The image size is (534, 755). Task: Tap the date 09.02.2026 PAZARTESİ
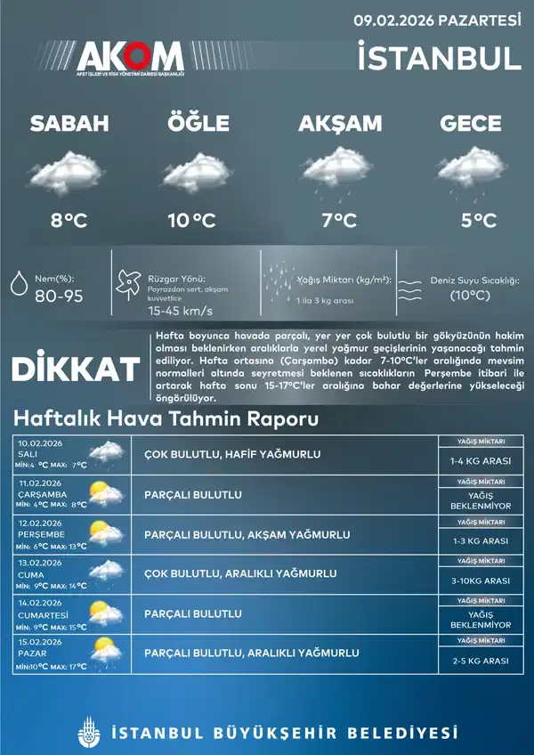click(437, 19)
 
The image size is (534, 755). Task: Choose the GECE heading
click(470, 124)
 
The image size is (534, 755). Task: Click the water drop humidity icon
click(17, 283)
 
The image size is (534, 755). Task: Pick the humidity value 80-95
click(59, 296)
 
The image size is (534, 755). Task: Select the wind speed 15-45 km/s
click(180, 312)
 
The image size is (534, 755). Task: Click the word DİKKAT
click(76, 369)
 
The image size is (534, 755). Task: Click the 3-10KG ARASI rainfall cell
click(481, 580)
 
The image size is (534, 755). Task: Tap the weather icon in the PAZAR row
click(104, 653)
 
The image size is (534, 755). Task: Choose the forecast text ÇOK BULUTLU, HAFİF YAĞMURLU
click(232, 455)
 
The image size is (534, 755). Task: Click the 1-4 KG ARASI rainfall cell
click(481, 461)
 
